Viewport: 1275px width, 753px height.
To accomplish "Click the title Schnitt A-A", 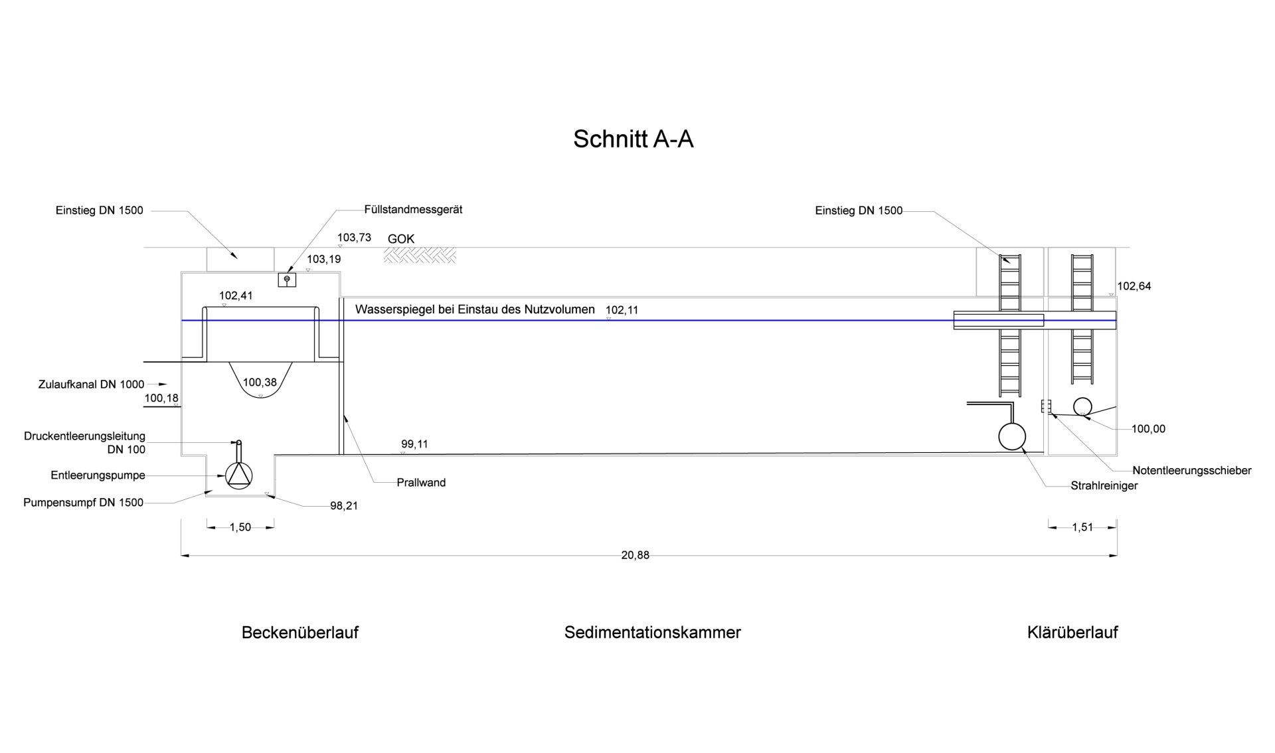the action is (633, 139).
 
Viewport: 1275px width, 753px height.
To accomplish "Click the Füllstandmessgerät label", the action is (413, 209).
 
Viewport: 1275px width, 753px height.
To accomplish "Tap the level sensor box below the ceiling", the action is (287, 280).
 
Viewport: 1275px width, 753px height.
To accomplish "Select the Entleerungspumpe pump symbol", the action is (239, 474).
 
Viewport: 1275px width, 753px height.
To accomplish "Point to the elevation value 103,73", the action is (354, 237).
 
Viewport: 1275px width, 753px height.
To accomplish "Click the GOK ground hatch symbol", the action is (420, 255).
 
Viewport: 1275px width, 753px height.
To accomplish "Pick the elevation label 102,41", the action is (236, 295).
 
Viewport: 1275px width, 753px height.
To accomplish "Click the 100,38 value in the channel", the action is (260, 382).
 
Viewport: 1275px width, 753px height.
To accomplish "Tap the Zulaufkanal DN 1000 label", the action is (91, 384).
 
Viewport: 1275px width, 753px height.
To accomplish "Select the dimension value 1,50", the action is (240, 527).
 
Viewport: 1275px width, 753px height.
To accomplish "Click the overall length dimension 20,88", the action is (636, 555).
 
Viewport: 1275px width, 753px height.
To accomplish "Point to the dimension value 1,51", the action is (1082, 527).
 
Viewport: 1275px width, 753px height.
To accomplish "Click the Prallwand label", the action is (421, 483).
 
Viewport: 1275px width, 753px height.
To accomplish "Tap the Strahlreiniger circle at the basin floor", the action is (1012, 437).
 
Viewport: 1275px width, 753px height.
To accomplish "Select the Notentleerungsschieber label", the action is (1192, 471).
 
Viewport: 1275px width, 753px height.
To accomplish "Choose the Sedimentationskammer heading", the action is (653, 632).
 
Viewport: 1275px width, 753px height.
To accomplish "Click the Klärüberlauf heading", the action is (1072, 632).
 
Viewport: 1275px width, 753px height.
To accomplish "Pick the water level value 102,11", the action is (622, 310).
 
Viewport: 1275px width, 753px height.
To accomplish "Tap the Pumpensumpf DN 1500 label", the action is (83, 503).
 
